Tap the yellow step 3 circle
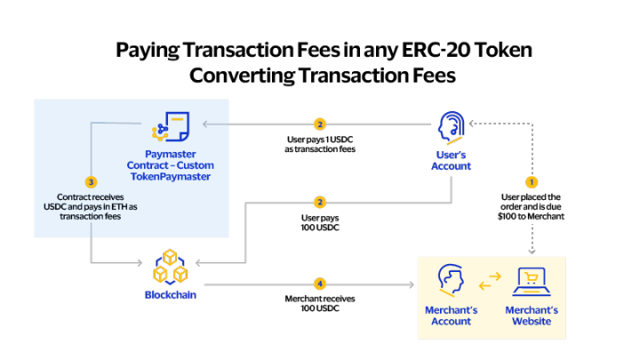click(91, 181)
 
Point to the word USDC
click(58, 207)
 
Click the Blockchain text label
click(170, 294)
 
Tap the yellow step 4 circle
click(320, 284)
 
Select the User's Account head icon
click(452, 128)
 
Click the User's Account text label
click(452, 161)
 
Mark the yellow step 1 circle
click(532, 181)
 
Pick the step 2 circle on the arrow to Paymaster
click(320, 124)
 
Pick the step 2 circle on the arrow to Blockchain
click(320, 203)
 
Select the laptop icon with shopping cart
click(532, 283)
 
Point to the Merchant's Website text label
click(532, 316)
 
